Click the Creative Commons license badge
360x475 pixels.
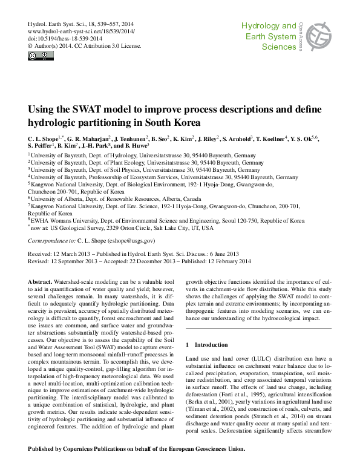click(x=41, y=56)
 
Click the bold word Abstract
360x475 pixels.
click(x=40, y=283)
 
